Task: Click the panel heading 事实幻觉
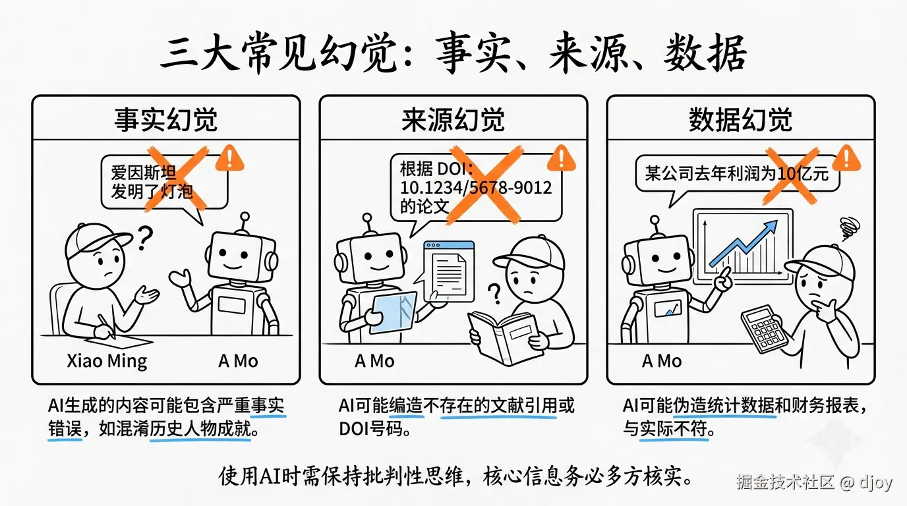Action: point(165,120)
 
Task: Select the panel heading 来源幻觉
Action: point(453,120)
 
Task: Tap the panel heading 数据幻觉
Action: point(740,120)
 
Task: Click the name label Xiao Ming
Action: point(107,361)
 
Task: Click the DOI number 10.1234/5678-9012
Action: point(476,187)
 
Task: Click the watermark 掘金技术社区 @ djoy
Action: point(814,482)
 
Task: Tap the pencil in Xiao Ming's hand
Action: point(106,327)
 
